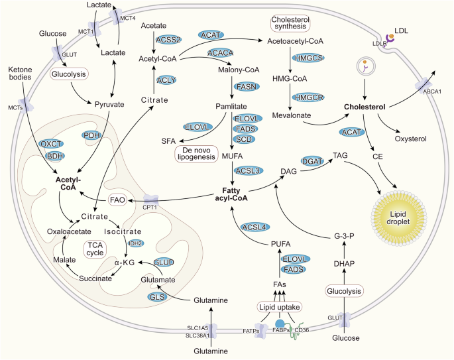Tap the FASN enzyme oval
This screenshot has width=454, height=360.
[245, 87]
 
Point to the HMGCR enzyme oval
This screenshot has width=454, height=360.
[311, 97]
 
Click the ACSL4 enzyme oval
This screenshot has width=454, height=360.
[255, 227]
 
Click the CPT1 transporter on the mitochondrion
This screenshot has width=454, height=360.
[154, 198]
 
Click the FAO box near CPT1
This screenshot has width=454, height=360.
[117, 199]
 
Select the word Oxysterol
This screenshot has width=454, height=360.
[409, 139]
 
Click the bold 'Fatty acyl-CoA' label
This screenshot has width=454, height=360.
[233, 194]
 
